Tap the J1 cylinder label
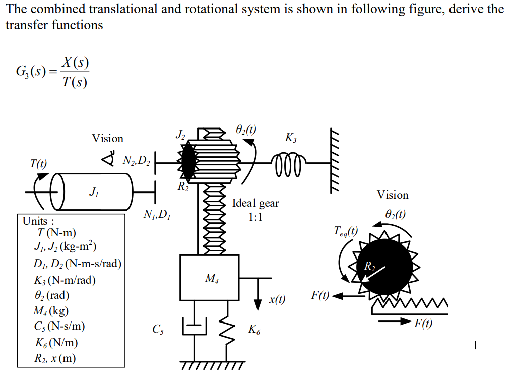(93, 191)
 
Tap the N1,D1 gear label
(157, 215)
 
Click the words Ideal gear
(255, 203)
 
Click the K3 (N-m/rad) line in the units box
(65, 280)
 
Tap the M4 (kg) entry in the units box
(51, 311)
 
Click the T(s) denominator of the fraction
(75, 81)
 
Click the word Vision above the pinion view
(393, 195)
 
